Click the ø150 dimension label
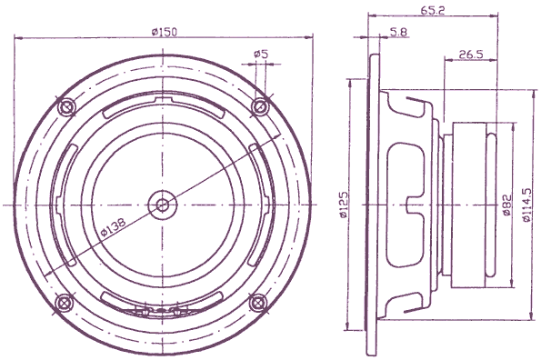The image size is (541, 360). click(164, 32)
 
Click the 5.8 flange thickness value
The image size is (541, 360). click(397, 33)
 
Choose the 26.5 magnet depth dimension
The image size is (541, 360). click(469, 55)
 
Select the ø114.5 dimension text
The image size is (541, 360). click(527, 204)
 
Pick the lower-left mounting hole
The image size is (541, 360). click(65, 303)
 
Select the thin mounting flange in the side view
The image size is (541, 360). click(373, 204)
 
